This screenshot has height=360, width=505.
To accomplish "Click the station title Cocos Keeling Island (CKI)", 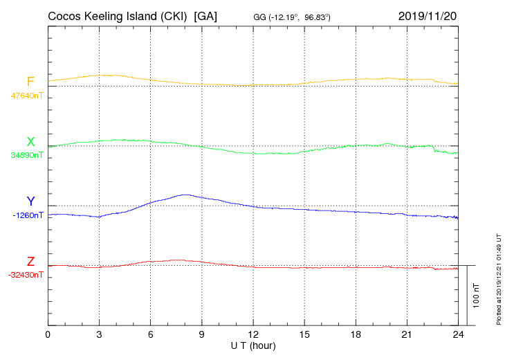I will [x=119, y=15].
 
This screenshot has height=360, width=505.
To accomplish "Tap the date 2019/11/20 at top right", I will [x=428, y=15].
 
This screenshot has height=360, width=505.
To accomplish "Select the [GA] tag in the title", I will [x=206, y=15].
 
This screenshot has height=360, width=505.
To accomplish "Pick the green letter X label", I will [x=30, y=142].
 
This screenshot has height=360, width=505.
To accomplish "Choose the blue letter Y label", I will [x=30, y=201].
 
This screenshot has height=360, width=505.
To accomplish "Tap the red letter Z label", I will [x=30, y=262].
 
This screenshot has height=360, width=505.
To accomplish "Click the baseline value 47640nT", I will [x=26, y=96].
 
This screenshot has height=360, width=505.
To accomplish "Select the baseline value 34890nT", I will [x=26, y=155].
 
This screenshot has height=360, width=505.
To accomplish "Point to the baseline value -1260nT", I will [x=28, y=215].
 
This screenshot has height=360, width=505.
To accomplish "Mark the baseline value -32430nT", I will [x=26, y=275].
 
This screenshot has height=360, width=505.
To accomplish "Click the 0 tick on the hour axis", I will [x=48, y=334].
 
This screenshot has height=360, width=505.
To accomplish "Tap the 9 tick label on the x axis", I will [x=201, y=334].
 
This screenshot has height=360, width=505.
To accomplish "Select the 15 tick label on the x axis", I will [x=304, y=334].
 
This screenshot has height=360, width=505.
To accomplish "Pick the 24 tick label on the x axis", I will [x=457, y=334].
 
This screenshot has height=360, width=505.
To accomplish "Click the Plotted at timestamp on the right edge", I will [x=498, y=277].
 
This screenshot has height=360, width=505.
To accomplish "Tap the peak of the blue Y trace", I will [x=184, y=195].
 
